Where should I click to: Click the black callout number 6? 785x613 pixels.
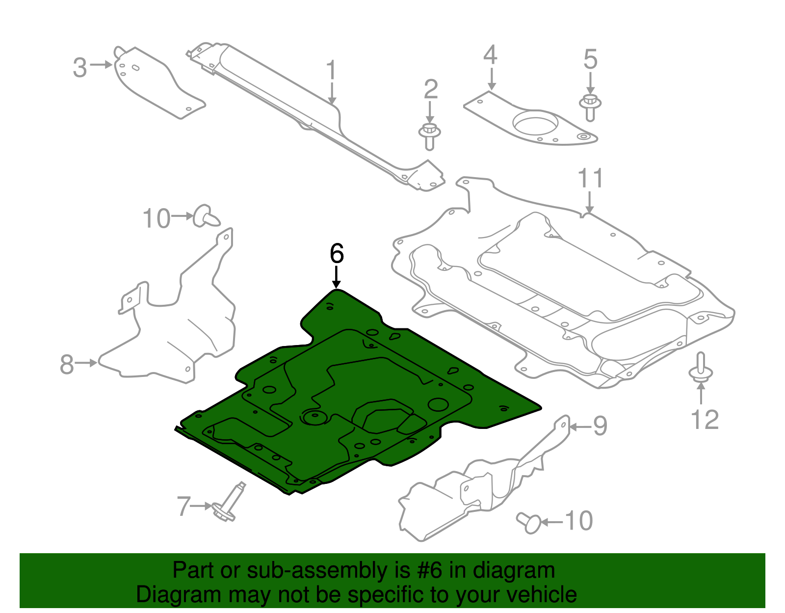coord(337,254)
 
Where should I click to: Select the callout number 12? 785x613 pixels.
coord(705,420)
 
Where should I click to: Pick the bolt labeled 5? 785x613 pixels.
coord(590,107)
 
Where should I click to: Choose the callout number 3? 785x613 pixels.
coord(79,67)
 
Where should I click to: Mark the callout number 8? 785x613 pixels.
coord(67,364)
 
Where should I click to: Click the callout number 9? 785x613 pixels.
coord(600,426)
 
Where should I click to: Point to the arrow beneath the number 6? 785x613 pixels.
coord(337,277)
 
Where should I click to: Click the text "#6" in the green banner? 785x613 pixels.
coord(430,571)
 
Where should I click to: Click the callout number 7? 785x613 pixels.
coord(183,506)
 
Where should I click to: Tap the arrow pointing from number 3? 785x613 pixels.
coord(102,65)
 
